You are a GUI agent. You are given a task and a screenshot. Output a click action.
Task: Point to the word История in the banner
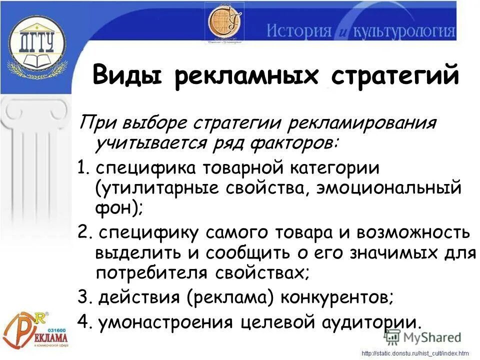pyautogui.click(x=299, y=31)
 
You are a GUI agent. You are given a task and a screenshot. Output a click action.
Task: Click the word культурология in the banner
pyautogui.click(x=404, y=31)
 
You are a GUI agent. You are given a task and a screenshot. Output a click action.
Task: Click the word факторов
pyautogui.click(x=290, y=143)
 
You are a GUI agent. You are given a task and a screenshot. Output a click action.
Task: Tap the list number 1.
pyautogui.click(x=82, y=167)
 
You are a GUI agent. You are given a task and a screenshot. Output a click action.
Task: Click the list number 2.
pyautogui.click(x=83, y=233)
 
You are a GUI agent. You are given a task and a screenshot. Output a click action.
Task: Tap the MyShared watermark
pyautogui.click(x=427, y=337)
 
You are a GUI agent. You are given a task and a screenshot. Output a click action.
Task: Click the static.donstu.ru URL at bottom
pyautogui.click(x=415, y=353)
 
